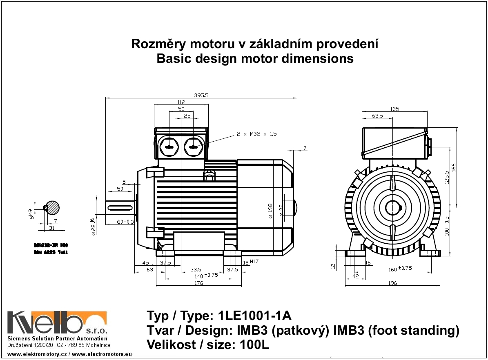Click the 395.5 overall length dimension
(201, 95)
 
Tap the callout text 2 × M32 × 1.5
(256, 134)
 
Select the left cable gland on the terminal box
(169, 147)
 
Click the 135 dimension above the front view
(394, 109)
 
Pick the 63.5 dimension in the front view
(377, 116)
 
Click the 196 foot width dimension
(392, 283)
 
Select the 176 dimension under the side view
(198, 283)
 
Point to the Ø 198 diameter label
(270, 211)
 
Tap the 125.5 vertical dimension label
(447, 178)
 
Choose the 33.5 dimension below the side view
(196, 269)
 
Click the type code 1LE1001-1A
(255, 316)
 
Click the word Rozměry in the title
(156, 44)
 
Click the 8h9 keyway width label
(30, 214)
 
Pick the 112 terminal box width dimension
(181, 102)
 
